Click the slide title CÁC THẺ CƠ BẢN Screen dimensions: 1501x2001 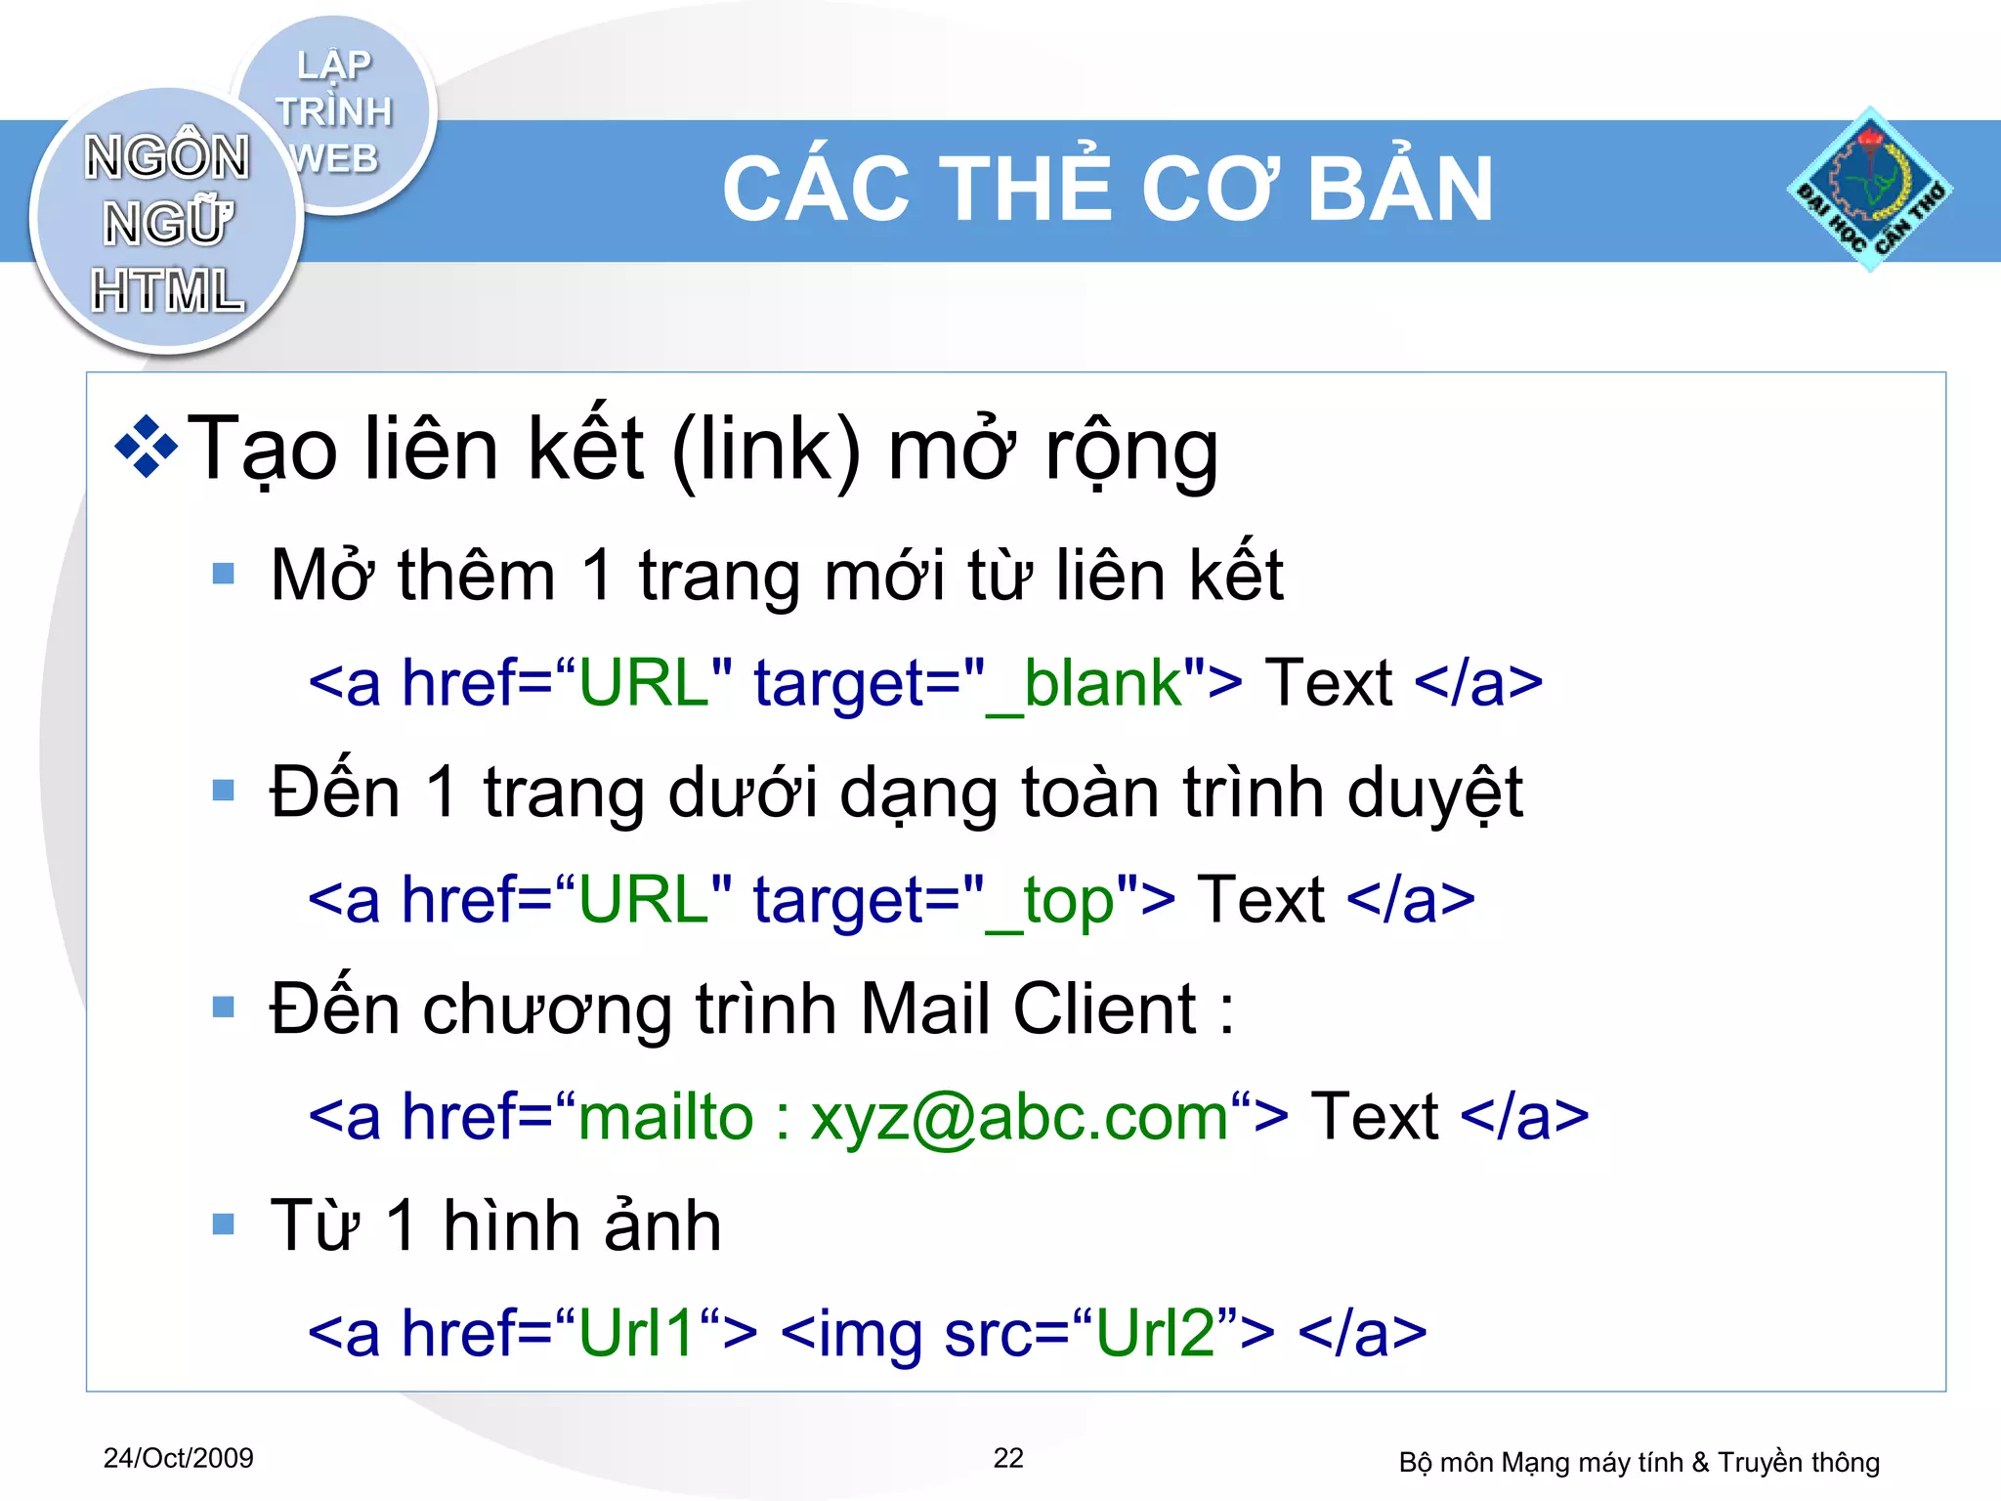(x=1108, y=190)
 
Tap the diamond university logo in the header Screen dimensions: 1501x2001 (x=1870, y=190)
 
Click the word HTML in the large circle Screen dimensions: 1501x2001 (x=167, y=291)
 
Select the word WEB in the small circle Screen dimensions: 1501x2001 (x=335, y=158)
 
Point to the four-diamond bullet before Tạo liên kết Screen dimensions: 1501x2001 (x=147, y=448)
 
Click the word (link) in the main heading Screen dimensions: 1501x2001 (x=767, y=450)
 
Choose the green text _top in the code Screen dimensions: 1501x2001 (x=1050, y=901)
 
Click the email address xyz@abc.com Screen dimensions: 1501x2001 (x=1019, y=1117)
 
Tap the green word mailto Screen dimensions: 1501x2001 (x=665, y=1117)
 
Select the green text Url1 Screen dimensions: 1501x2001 (x=636, y=1333)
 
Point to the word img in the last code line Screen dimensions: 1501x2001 (x=870, y=1335)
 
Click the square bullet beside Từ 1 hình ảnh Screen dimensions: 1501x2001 (x=224, y=1224)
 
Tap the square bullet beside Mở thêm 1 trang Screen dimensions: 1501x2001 (x=224, y=574)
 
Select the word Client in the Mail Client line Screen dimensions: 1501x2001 (x=1105, y=1008)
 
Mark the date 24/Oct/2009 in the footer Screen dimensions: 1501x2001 (x=179, y=1458)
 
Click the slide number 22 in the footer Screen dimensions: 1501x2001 (x=1008, y=1458)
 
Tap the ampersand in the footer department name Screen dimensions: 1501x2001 (x=1700, y=1463)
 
